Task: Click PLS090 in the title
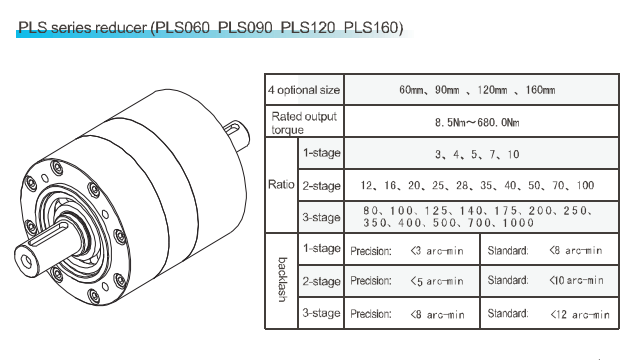[245, 27]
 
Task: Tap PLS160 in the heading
[371, 27]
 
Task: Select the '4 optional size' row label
[304, 90]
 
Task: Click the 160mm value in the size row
[540, 90]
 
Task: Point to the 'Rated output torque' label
[304, 123]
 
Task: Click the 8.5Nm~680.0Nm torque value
[477, 122]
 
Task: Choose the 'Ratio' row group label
[281, 184]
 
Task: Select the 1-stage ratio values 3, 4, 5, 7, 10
[477, 154]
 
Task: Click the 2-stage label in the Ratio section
[321, 186]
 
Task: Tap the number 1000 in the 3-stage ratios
[518, 223]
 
